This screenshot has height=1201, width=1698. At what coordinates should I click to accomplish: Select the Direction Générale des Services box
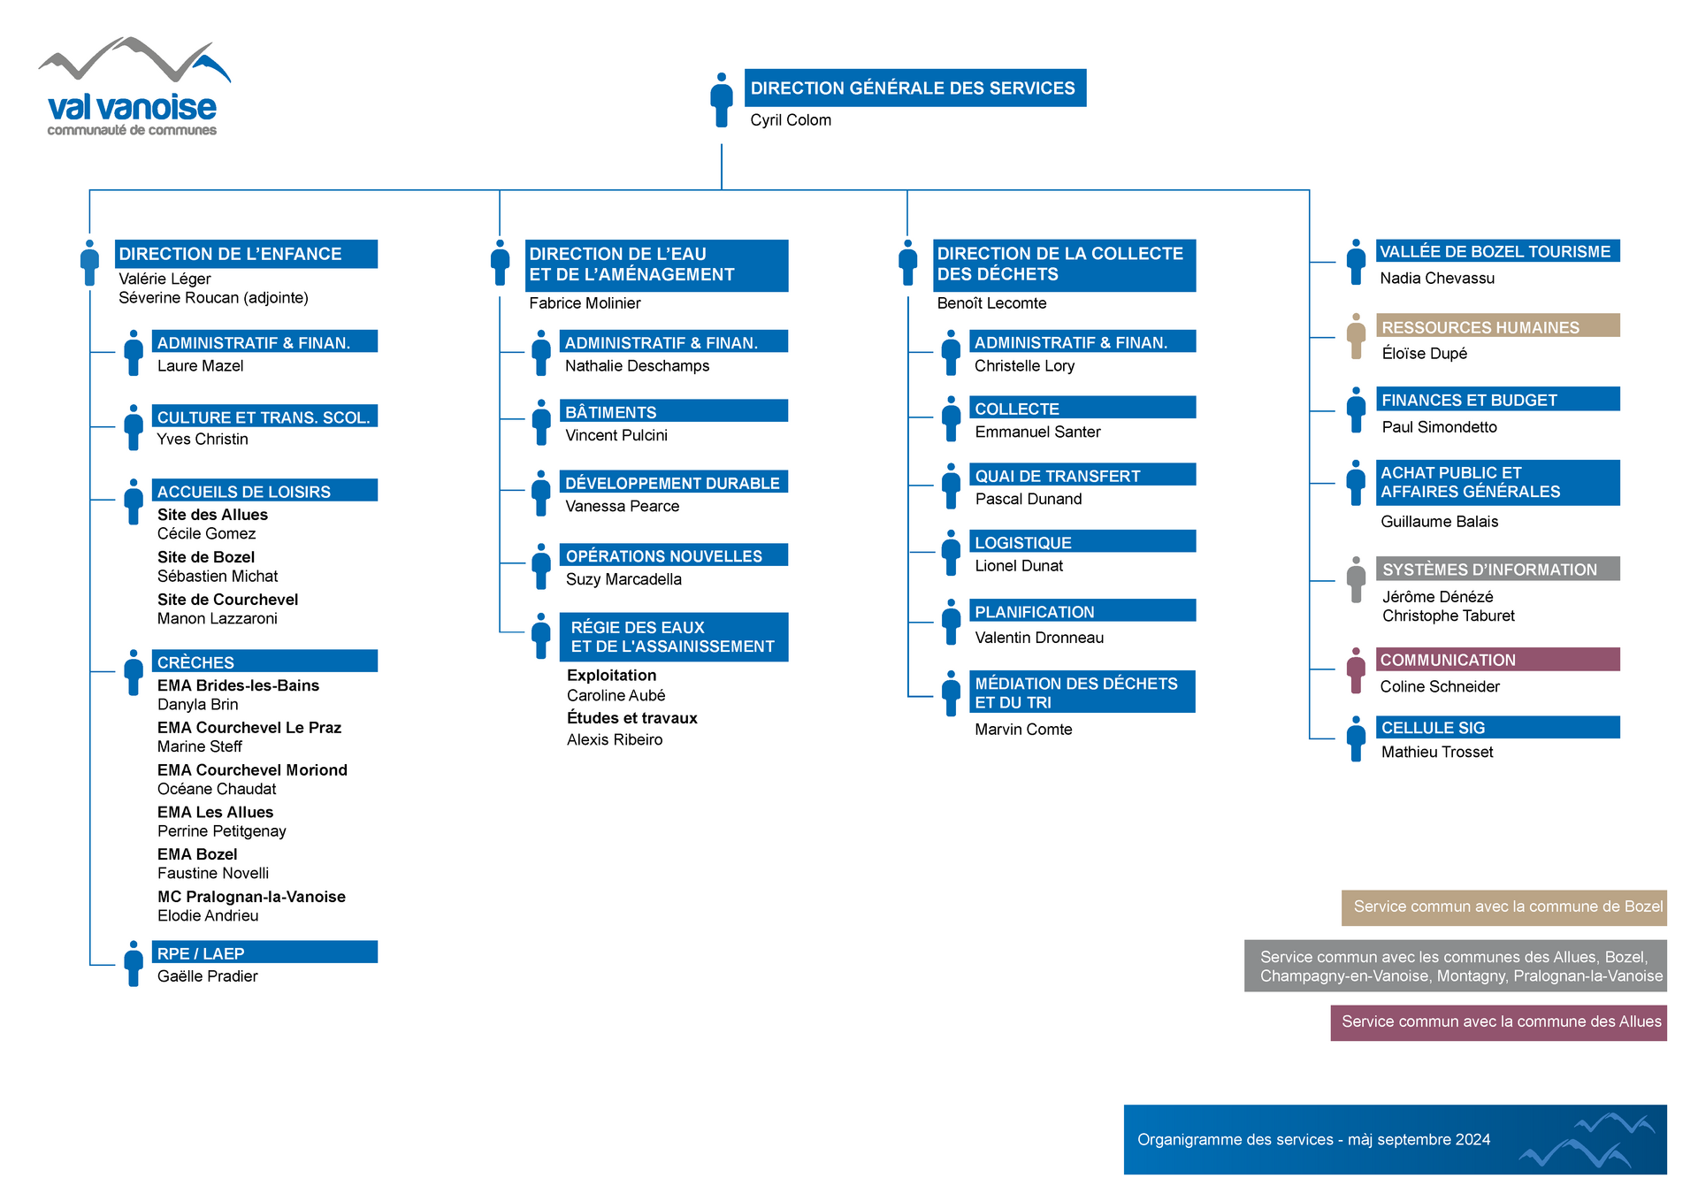click(x=915, y=88)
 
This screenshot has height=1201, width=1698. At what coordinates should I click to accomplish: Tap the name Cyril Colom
click(x=791, y=120)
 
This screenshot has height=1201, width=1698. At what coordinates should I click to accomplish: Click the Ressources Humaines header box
click(x=1498, y=325)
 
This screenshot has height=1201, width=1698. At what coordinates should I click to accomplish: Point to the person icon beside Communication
click(x=1356, y=670)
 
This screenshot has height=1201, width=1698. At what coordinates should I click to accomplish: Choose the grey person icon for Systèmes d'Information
click(x=1356, y=579)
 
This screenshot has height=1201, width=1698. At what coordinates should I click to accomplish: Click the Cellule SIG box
click(x=1498, y=727)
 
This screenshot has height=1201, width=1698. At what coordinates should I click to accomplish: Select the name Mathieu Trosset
click(x=1437, y=752)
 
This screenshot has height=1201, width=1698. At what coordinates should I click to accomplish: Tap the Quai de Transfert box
click(x=1082, y=475)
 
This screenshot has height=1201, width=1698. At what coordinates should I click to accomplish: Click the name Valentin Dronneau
click(x=1039, y=638)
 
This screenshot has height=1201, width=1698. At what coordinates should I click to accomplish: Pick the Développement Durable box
click(x=674, y=482)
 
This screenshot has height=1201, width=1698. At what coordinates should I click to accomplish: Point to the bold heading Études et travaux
click(x=632, y=718)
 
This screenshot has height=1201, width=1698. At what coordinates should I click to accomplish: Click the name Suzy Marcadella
click(x=623, y=579)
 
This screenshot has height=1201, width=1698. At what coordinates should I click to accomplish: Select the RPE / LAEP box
click(x=264, y=952)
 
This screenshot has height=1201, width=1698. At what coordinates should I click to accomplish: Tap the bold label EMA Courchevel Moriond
click(x=252, y=770)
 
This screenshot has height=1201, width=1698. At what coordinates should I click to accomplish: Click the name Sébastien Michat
click(x=218, y=577)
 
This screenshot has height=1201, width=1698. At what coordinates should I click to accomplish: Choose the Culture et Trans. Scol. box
click(x=264, y=416)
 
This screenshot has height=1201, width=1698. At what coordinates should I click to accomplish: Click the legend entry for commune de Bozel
click(x=1504, y=907)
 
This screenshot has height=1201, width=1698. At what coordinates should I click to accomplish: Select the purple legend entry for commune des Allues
click(x=1499, y=1022)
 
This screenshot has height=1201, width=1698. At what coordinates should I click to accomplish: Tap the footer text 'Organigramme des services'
click(x=1235, y=1140)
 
